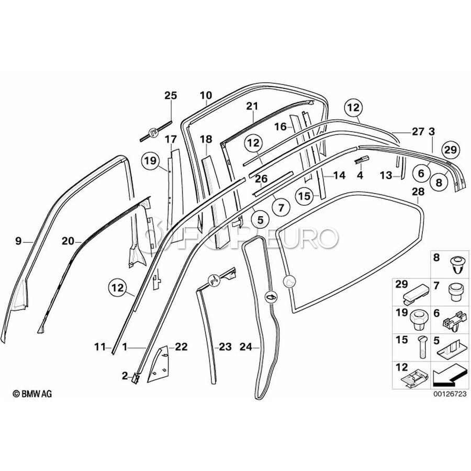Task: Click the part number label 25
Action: (171, 95)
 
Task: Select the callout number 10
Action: (206, 95)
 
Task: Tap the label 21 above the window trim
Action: (253, 106)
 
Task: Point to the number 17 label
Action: (171, 139)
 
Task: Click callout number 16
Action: (281, 127)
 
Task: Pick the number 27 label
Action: (417, 131)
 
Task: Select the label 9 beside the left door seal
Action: (18, 241)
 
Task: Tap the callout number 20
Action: (69, 241)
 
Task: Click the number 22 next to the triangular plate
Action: (181, 346)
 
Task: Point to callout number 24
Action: (246, 346)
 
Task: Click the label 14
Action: (339, 175)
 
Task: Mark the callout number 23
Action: (225, 346)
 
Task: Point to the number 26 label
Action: (261, 180)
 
